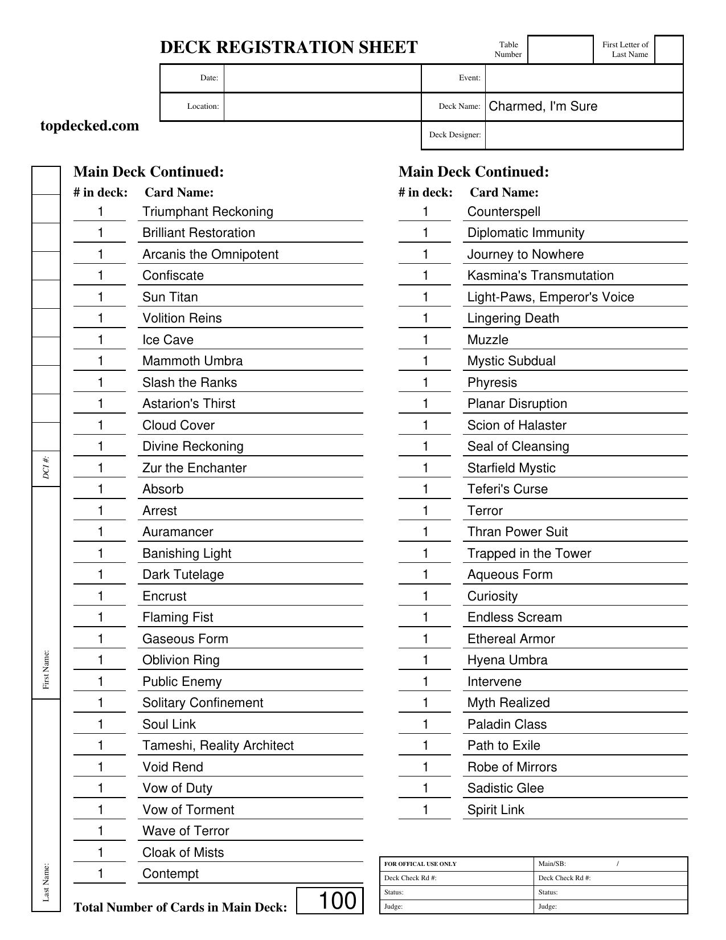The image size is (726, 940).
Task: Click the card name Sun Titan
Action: (x=170, y=297)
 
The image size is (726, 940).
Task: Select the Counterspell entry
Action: (x=504, y=212)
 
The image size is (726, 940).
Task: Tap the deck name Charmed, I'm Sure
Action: (x=543, y=107)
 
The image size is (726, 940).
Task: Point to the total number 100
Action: (x=337, y=901)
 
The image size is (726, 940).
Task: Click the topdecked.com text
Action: (x=90, y=126)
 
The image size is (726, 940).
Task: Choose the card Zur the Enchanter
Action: (x=195, y=468)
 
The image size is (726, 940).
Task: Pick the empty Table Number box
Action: (x=560, y=50)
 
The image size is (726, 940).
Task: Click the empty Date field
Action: (x=322, y=78)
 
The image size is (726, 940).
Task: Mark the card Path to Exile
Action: (x=504, y=746)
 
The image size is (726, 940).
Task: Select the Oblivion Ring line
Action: (x=181, y=660)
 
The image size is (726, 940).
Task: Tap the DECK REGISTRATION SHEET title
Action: (x=289, y=47)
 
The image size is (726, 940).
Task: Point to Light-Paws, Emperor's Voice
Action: (x=551, y=297)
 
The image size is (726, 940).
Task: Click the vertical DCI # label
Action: (x=46, y=467)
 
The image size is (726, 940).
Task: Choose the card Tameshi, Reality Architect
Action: (x=218, y=746)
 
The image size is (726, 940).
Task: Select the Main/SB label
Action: (x=552, y=864)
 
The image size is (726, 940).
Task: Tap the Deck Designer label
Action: (x=455, y=135)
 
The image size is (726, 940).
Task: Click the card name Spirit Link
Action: (x=496, y=810)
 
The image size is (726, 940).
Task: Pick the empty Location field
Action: (x=322, y=107)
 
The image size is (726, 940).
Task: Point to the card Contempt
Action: (x=171, y=874)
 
